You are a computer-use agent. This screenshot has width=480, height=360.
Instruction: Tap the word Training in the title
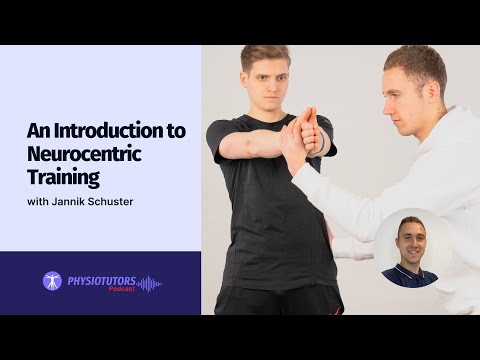pyautogui.click(x=64, y=179)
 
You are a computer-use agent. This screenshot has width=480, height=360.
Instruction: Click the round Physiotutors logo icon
pyautogui.click(x=52, y=282)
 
